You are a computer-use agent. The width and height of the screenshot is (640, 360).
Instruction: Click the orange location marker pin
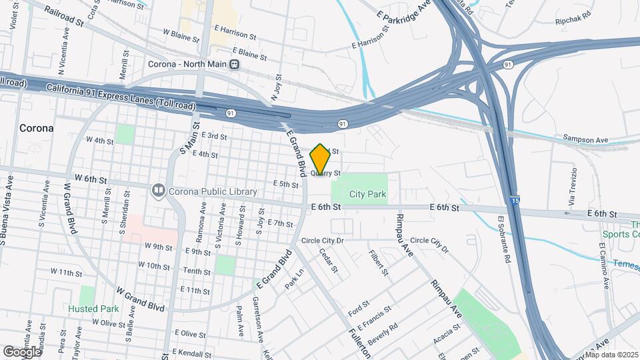click(321, 159)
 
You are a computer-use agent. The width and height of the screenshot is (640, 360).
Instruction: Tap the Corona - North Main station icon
click(234, 65)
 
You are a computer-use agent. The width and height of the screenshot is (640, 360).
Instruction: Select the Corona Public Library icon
click(158, 191)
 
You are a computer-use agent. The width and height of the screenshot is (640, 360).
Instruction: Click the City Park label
click(368, 194)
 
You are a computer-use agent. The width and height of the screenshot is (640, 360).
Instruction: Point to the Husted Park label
click(93, 309)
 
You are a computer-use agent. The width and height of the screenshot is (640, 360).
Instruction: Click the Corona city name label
click(36, 127)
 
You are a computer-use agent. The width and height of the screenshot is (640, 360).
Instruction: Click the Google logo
click(21, 351)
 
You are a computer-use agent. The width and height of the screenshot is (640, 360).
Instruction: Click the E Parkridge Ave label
click(403, 20)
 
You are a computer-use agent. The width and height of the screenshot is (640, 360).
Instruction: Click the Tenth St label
click(197, 271)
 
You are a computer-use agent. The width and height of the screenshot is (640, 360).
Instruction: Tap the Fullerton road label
click(360, 341)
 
